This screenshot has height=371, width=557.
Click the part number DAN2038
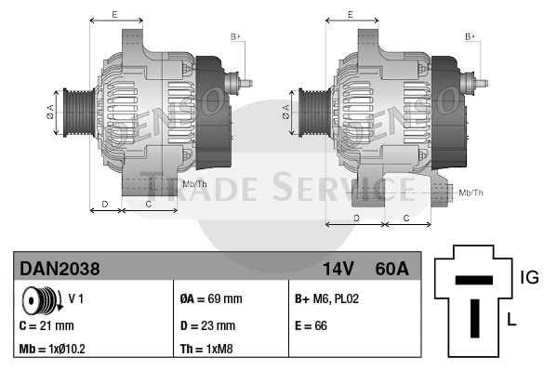coord(60,269)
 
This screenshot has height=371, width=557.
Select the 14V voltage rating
coord(338,269)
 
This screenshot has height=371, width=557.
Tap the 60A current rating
coord(391,269)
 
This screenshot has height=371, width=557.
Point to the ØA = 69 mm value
coord(211,298)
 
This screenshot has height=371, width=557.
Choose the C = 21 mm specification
coord(46,325)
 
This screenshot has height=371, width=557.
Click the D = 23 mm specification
coord(207,325)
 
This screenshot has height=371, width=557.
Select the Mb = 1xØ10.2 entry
coord(52,349)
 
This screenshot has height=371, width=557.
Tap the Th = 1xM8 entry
coord(206,349)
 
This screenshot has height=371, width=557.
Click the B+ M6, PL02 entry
coord(326,298)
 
